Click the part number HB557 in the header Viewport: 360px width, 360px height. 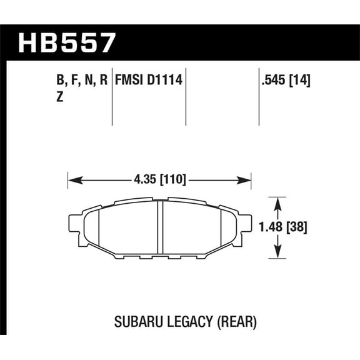coord(68,42)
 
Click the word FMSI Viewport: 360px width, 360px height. coord(128,81)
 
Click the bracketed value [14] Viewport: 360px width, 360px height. coord(300,81)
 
